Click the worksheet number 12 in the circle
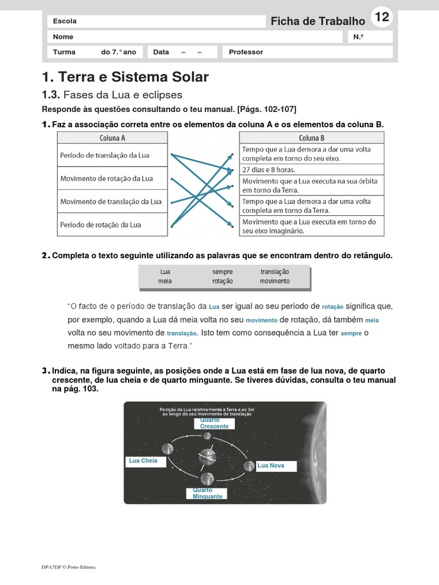pos(382,18)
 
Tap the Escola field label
pos(65,21)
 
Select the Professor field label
pos(246,52)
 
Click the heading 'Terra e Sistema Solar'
pos(126,77)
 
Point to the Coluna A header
pos(113,138)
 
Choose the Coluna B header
pos(312,138)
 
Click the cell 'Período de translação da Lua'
pos(105,155)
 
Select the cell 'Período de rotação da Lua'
pos(101,225)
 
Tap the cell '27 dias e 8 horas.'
pos(269,170)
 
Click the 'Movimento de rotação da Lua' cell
pos(107,178)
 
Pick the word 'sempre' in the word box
pos(222,272)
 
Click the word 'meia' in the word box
pos(165,281)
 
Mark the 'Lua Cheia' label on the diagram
pos(143,460)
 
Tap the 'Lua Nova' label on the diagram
pos(270,466)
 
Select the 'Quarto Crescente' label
pos(214,423)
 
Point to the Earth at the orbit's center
pos(207,456)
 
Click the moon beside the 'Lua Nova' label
pos(249,466)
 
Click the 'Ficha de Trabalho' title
pos(317,21)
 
